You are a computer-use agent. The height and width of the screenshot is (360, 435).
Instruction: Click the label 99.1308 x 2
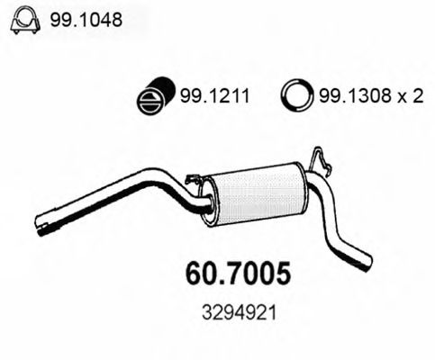(368, 94)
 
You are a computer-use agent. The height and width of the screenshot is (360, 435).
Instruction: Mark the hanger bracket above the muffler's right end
(317, 162)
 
